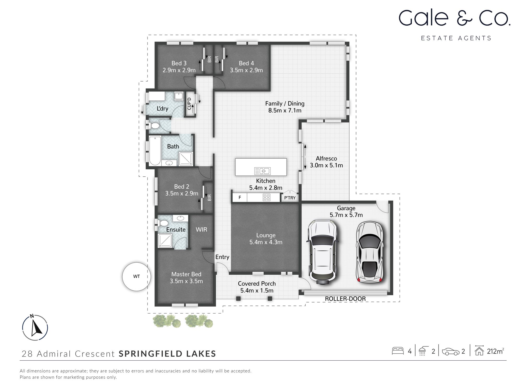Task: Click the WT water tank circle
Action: point(137,276)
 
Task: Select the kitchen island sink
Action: point(263,171)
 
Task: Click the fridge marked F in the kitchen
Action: point(240,198)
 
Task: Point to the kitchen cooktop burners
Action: point(266,198)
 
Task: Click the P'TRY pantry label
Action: point(290,198)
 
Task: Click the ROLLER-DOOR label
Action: point(345,299)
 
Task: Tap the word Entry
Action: point(222,257)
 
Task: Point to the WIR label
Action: point(201,229)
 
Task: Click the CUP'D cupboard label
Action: point(189,103)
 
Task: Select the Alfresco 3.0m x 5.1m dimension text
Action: point(326,165)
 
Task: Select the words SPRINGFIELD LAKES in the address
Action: point(167,354)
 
